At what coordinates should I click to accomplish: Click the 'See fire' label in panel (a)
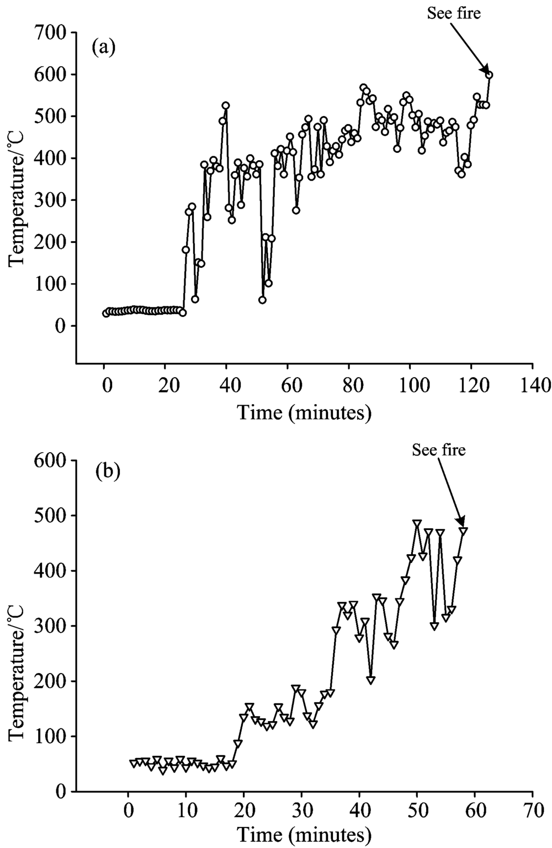(x=454, y=14)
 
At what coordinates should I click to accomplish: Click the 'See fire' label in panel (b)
(x=439, y=450)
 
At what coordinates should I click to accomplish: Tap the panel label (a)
(x=103, y=47)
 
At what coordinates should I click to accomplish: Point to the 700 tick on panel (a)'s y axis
(x=52, y=33)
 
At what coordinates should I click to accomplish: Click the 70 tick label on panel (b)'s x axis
(x=532, y=811)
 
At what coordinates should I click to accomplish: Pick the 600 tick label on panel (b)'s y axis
(x=52, y=460)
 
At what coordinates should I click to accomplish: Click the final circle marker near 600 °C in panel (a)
(x=489, y=75)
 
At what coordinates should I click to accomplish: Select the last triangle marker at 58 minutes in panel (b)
(x=463, y=531)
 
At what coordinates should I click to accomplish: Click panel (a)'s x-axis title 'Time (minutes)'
(x=304, y=412)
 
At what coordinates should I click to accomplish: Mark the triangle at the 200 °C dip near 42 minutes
(x=370, y=680)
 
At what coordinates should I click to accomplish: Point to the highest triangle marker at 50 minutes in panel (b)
(x=417, y=523)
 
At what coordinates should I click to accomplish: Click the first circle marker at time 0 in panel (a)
(x=105, y=314)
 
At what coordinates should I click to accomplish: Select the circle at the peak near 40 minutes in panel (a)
(x=225, y=105)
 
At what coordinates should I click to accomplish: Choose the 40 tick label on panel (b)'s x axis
(x=359, y=811)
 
